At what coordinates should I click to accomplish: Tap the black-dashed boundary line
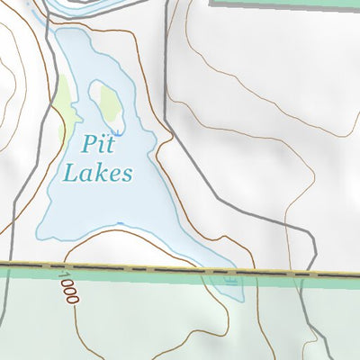pos(180,269)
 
